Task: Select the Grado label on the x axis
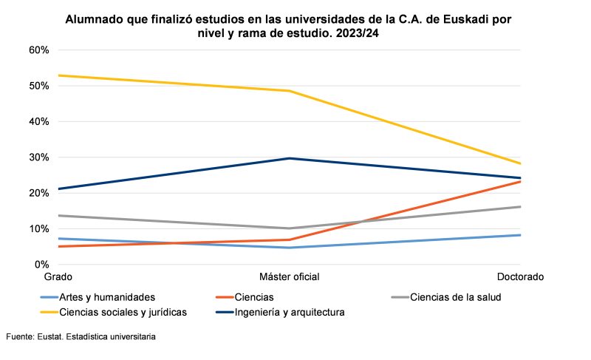coord(58,277)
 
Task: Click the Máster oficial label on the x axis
coord(290,277)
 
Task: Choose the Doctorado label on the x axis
coord(521,277)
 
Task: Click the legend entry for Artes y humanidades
coord(106,298)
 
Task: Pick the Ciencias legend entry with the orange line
coord(254,298)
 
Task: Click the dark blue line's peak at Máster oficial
coord(290,158)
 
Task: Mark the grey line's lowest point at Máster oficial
coord(290,228)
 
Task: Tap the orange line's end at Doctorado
coord(521,181)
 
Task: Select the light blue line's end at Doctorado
coord(521,235)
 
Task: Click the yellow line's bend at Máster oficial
coord(290,91)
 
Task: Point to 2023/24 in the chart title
coord(359,33)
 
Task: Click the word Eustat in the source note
coord(51,337)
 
